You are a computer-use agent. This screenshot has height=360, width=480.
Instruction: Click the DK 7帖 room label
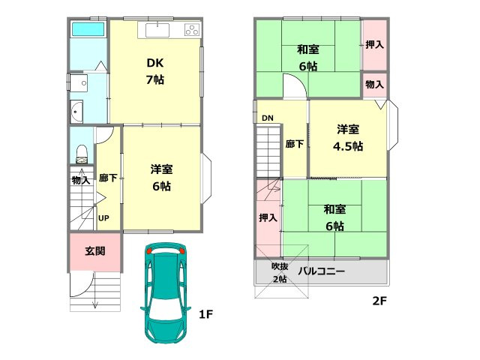(155, 71)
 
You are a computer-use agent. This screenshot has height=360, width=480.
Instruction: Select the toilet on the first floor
(81, 154)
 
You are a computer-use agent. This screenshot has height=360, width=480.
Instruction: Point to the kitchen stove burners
(191, 31)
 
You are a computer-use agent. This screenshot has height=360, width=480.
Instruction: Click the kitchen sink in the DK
(157, 31)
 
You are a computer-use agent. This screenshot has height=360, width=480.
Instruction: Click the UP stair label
(105, 218)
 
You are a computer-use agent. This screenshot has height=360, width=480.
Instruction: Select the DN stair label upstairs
(268, 118)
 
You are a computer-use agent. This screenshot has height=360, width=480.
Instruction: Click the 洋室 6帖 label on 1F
(162, 178)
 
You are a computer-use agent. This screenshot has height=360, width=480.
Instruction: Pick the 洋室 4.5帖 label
(347, 137)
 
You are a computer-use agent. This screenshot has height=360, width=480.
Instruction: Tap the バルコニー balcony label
(322, 271)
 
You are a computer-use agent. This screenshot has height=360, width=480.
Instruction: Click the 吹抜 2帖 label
(279, 272)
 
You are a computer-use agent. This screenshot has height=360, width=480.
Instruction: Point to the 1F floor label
(206, 315)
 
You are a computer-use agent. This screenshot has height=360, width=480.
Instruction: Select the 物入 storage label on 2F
(374, 85)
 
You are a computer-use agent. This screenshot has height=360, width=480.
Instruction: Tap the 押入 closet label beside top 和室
(374, 45)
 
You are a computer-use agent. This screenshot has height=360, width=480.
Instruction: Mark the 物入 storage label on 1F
(81, 180)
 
